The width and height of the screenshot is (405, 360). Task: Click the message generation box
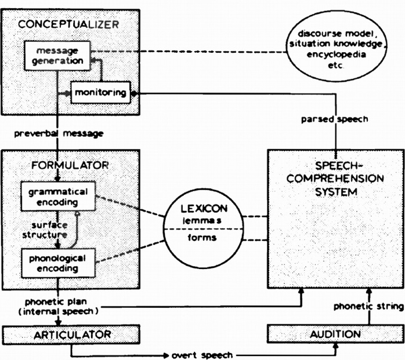coord(57,56)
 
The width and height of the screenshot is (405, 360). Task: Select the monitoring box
coord(100,93)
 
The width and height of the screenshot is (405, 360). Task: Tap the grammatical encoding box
coord(58,197)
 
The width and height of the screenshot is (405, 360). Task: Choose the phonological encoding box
coord(58,263)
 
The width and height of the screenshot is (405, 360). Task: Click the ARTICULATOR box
coord(71,334)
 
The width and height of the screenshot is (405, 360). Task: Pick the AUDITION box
coord(336,334)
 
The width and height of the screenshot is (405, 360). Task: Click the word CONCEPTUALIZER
coord(68,24)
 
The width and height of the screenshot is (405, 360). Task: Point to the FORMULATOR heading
coord(70,165)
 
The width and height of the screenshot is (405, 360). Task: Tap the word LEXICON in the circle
coord(204,209)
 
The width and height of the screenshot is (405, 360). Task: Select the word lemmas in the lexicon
coord(202,221)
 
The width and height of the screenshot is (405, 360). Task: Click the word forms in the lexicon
coord(202,238)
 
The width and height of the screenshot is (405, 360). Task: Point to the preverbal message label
coord(59,134)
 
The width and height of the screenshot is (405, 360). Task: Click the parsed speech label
coord(334,119)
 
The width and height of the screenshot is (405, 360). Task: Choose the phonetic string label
coord(368,307)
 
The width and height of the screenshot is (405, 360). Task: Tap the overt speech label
coord(202,355)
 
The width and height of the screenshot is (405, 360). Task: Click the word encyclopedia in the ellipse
coord(336,54)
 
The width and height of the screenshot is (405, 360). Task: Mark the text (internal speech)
coord(59,311)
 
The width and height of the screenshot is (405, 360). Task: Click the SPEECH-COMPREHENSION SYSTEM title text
coord(335,179)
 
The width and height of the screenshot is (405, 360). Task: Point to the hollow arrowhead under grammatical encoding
coord(77,214)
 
